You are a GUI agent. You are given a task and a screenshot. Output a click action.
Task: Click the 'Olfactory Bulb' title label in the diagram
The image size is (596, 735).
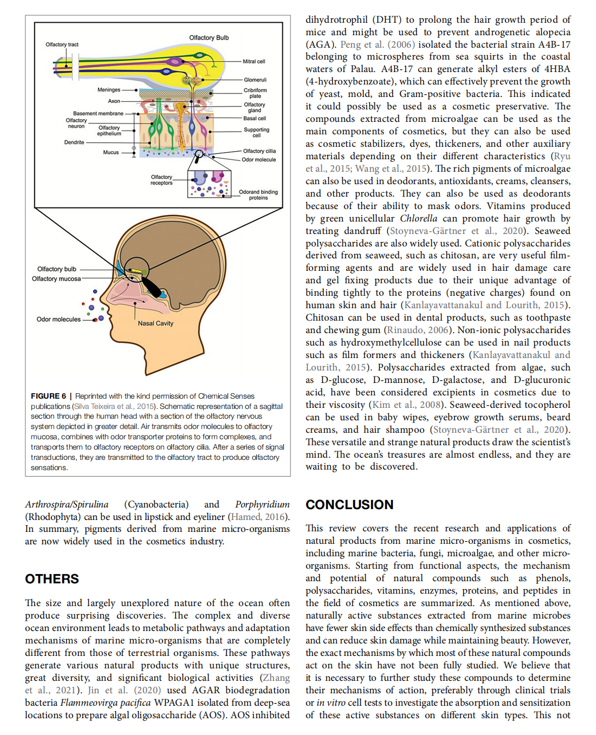(209, 38)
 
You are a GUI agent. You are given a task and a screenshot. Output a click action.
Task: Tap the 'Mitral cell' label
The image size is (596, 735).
(254, 62)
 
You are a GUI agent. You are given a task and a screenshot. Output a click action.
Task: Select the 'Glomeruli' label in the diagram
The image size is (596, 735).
(255, 80)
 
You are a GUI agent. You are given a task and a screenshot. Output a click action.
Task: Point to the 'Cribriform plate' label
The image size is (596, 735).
(255, 93)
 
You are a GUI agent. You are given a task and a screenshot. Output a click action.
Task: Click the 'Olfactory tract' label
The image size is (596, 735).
(62, 45)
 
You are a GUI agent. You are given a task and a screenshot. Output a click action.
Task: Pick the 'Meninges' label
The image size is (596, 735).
(109, 90)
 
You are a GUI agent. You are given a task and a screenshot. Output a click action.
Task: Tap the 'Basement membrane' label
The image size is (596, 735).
(98, 114)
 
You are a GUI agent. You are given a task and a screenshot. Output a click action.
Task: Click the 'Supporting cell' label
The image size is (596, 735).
(256, 133)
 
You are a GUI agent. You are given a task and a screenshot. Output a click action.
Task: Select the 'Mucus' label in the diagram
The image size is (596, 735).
(111, 153)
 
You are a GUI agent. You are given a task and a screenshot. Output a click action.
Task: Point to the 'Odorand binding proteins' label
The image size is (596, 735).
(258, 195)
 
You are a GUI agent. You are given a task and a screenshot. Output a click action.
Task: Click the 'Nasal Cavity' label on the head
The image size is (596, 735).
(156, 323)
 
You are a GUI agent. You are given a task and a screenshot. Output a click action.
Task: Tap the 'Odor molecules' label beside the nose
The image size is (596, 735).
(59, 320)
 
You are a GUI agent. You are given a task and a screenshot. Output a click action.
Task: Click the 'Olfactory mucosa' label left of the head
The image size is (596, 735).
(56, 279)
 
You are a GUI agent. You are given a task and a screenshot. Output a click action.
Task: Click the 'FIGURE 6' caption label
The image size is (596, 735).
(48, 396)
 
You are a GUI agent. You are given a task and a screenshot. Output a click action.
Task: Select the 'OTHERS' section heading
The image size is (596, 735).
(52, 579)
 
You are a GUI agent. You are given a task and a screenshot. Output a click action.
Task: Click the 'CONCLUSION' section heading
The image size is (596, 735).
(349, 505)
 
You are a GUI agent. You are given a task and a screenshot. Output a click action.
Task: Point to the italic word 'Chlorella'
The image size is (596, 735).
(418, 218)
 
